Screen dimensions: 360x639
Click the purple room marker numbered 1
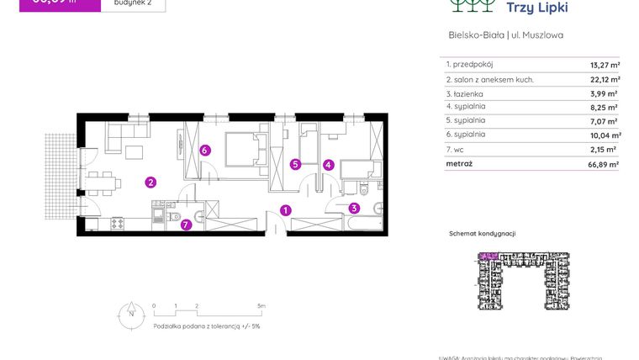pyautogui.click(x=286, y=210)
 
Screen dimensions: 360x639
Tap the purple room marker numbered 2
pyautogui.click(x=150, y=182)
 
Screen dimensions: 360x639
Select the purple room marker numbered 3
pyautogui.click(x=354, y=209)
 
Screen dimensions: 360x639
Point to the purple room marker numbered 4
pyautogui.click(x=329, y=165)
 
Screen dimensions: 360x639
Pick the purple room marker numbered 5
pyautogui.click(x=295, y=165)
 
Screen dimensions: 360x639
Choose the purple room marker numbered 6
pyautogui.click(x=204, y=151)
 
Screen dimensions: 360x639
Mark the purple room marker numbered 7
pyautogui.click(x=186, y=225)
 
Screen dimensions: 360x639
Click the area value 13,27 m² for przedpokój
pyautogui.click(x=605, y=64)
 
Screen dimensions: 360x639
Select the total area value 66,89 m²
pyautogui.click(x=603, y=165)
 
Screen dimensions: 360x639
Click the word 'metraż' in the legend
pyautogui.click(x=459, y=164)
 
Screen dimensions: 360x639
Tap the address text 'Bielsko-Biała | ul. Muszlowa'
pyautogui.click(x=505, y=35)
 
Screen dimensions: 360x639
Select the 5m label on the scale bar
pyautogui.click(x=261, y=306)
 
